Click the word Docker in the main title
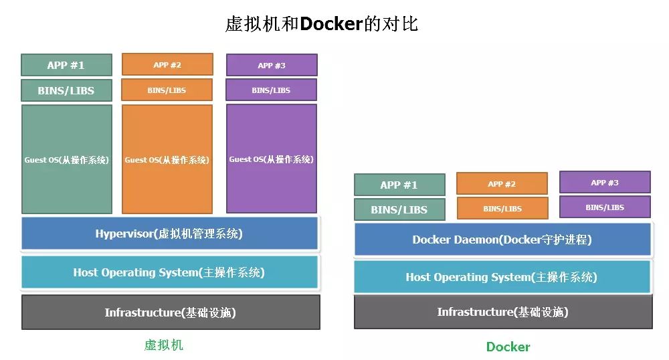[x=330, y=24]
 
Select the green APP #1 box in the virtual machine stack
[x=66, y=65]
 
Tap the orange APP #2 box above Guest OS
[x=167, y=65]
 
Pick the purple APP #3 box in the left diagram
[x=272, y=65]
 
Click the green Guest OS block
[x=66, y=159]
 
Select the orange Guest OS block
[x=167, y=159]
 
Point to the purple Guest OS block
[x=272, y=159]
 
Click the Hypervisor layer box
[x=170, y=234]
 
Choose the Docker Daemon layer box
[x=502, y=240]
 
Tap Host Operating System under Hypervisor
[x=170, y=272]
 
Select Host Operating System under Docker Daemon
[x=502, y=277]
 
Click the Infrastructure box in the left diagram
[x=170, y=312]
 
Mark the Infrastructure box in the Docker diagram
[x=502, y=312]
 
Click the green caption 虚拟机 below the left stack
[x=163, y=345]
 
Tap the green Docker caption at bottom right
[x=508, y=347]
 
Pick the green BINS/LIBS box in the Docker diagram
[x=399, y=209]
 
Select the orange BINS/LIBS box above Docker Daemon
[x=502, y=208]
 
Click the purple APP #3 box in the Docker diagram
[x=605, y=183]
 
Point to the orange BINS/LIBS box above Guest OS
[x=167, y=90]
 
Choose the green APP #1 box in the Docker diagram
[x=399, y=185]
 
